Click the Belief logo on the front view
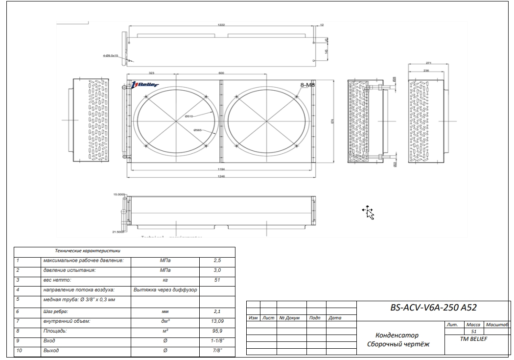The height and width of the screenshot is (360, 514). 145,85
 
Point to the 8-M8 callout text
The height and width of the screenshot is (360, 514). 306,85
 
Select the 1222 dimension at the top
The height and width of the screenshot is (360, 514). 221,24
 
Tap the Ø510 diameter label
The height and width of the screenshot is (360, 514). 189,116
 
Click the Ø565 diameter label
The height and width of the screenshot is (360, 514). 198,130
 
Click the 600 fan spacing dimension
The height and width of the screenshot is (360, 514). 221,72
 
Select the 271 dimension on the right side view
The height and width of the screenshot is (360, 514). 428,63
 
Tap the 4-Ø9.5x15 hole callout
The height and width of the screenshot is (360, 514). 111,56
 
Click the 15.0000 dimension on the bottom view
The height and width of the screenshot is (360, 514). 119,194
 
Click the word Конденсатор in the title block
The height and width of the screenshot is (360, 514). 397,336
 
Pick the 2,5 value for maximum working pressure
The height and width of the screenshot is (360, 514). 217,261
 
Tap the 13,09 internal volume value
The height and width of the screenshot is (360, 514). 217,321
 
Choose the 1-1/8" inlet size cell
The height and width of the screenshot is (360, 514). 217,340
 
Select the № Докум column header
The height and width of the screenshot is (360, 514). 289,318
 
